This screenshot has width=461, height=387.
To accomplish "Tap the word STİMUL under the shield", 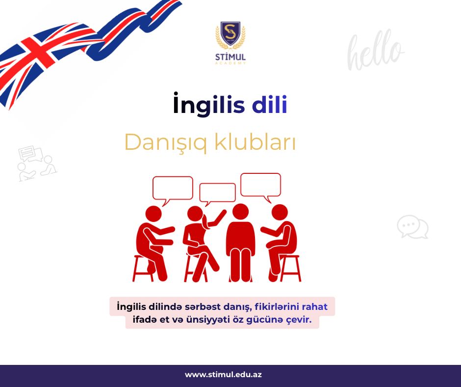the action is click(230, 56).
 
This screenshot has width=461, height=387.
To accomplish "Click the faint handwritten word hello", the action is click(375, 50).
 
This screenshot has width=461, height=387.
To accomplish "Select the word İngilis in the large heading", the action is click(209, 104).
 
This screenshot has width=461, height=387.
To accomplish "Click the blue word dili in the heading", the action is click(269, 104).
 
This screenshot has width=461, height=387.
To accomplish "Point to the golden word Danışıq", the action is click(166, 142).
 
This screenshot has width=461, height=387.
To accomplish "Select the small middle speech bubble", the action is click(217, 193).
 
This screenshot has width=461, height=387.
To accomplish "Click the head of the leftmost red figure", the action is click(154, 214).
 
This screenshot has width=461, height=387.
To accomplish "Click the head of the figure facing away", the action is click(240, 212).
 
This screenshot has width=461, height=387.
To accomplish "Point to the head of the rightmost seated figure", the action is click(280, 213).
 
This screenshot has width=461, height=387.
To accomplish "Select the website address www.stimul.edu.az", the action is click(223, 375).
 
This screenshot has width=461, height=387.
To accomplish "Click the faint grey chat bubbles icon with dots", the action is click(412, 227).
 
